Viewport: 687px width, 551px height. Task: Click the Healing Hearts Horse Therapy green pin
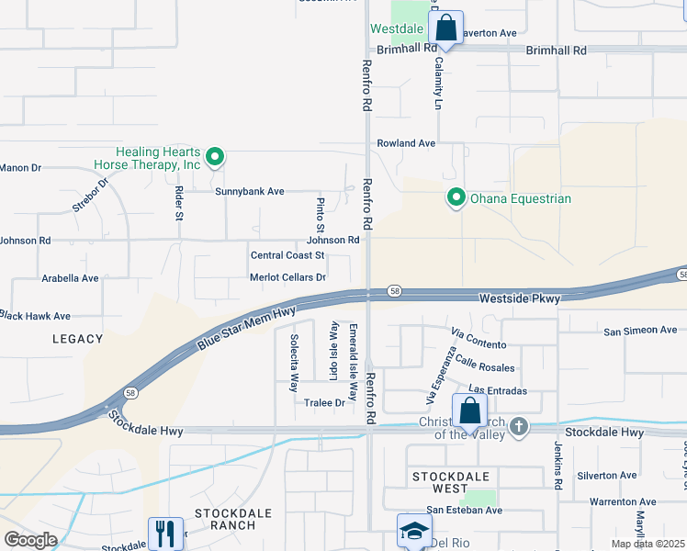[214, 158]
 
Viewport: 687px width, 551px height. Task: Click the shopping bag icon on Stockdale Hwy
[469, 411]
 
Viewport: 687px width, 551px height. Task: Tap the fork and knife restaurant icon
[165, 533]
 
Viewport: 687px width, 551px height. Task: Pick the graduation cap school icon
[413, 531]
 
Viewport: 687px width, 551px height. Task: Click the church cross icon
[519, 426]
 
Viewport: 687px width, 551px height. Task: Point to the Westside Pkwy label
[521, 298]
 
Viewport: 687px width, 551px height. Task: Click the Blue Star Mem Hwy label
[245, 328]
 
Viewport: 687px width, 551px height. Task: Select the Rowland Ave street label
[406, 143]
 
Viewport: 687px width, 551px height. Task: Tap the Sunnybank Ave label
[250, 192]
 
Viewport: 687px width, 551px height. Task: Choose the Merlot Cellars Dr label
[287, 277]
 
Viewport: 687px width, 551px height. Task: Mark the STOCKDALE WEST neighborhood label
[451, 477]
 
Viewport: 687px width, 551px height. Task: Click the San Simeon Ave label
[640, 330]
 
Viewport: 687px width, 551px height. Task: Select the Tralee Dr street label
[324, 402]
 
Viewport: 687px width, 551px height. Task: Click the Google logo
[30, 539]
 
